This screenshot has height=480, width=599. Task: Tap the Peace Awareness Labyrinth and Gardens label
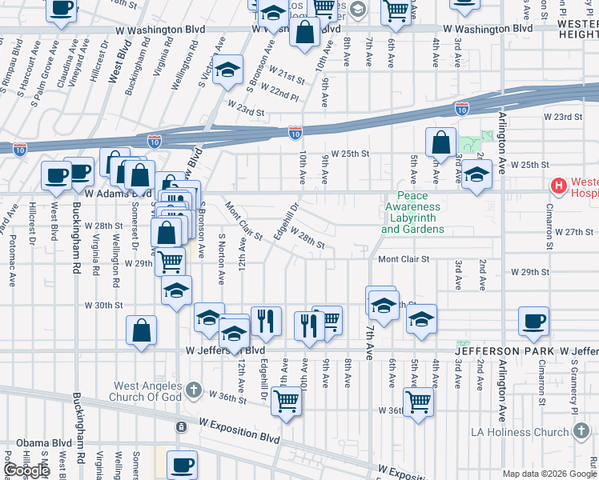point(412,213)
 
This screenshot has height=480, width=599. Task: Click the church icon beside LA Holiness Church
point(581,433)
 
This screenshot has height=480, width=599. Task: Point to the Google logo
point(26,470)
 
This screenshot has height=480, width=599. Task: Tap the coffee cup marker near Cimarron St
point(533,322)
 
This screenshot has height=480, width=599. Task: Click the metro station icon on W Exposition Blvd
point(182,426)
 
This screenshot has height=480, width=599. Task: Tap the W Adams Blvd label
point(119,193)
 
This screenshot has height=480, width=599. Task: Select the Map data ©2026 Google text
point(549,474)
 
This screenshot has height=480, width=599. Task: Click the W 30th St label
point(104,305)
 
